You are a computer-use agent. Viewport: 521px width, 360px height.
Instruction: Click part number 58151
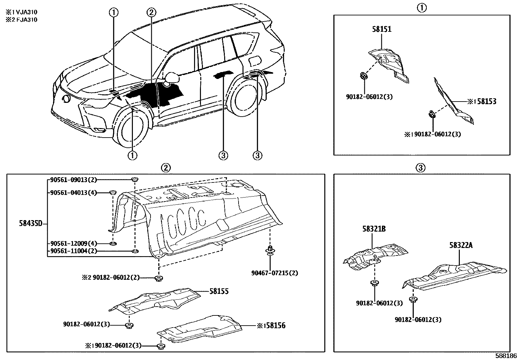click(382, 29)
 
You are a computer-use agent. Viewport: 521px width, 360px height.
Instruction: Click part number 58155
click(219, 291)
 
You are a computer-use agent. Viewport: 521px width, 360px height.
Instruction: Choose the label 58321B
click(374, 229)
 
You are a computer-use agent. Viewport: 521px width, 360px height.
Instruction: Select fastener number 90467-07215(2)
click(275, 273)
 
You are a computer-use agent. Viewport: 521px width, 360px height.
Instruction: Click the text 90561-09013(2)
click(74, 180)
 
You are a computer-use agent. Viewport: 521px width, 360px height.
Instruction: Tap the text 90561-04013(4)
click(74, 193)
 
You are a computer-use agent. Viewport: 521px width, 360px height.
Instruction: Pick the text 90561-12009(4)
click(74, 244)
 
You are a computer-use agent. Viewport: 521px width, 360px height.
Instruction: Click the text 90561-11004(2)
click(74, 251)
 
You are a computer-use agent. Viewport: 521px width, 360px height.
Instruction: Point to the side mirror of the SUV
click(172, 78)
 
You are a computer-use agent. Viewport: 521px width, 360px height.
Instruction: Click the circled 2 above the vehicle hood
click(151, 12)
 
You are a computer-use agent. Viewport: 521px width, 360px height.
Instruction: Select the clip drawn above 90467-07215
click(270, 251)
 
